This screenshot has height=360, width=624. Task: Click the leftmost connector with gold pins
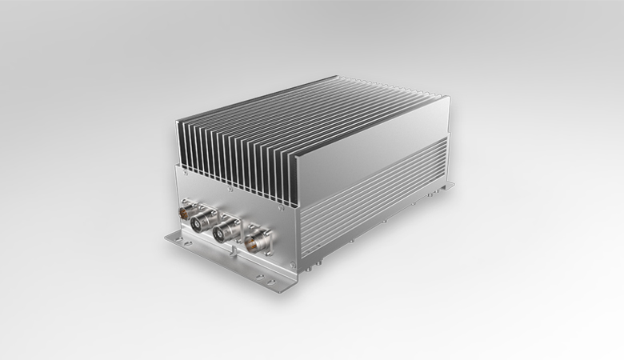[186, 214]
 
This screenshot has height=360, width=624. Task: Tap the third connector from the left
[227, 231]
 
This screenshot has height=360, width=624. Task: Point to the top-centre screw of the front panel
[233, 192]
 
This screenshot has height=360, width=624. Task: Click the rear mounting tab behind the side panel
[448, 186]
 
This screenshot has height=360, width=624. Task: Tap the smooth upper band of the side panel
[368, 172]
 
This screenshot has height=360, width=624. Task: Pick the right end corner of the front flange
[298, 289]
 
